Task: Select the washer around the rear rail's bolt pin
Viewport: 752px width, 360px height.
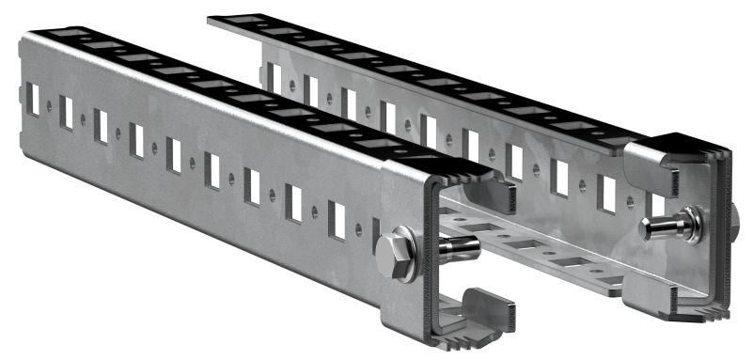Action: tap(690, 224)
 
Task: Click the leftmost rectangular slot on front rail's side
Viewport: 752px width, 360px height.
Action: tap(32, 99)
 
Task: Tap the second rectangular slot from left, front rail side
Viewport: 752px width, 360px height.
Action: tap(66, 112)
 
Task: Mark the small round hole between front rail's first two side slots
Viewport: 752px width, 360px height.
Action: tap(49, 106)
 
